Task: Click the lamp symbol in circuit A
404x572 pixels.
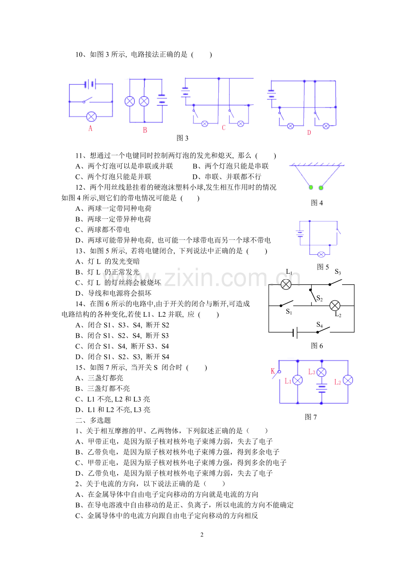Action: (91, 117)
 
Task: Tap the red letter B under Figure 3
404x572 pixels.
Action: (145, 130)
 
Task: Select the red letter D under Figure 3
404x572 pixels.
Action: (309, 133)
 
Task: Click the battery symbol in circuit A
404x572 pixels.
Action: (90, 84)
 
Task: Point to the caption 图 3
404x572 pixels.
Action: (182, 138)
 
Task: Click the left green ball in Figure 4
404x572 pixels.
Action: (311, 188)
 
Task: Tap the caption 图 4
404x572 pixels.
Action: (317, 203)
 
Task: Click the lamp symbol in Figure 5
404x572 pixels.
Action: (321, 254)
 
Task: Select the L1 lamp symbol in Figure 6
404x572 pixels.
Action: (286, 285)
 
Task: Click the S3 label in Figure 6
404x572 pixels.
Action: (338, 272)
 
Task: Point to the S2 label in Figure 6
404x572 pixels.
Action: (319, 298)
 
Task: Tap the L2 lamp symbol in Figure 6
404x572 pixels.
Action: (335, 305)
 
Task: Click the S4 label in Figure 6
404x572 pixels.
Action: (319, 325)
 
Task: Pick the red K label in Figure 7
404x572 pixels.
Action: (273, 371)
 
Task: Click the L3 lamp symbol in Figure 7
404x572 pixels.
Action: (321, 372)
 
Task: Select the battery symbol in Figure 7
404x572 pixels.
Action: (321, 387)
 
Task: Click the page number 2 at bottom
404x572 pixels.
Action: (202, 535)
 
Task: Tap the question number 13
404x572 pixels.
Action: (79, 251)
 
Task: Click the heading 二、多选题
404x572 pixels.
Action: (93, 420)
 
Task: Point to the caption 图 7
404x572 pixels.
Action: (310, 417)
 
